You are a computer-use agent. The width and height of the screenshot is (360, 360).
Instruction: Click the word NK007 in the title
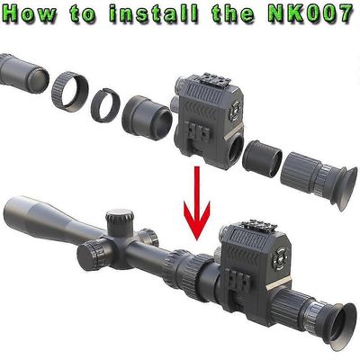311,13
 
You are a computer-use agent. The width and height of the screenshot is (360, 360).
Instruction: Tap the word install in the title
154,13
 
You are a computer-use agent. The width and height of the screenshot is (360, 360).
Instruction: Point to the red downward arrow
197,202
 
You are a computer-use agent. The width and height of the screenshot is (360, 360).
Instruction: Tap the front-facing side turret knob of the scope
90,254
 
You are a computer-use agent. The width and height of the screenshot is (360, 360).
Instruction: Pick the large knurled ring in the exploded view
70,92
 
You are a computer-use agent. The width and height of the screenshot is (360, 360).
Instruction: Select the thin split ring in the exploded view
105,104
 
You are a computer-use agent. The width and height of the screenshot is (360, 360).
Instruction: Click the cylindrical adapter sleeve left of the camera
147,118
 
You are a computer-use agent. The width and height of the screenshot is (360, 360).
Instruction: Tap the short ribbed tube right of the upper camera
262,158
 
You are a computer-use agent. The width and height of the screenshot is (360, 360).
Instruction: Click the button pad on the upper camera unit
235,111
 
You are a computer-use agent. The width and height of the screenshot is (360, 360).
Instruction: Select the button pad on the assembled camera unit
279,258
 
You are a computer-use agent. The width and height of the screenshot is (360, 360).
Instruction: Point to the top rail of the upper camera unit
216,78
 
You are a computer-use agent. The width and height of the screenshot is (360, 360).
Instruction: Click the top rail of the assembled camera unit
260,227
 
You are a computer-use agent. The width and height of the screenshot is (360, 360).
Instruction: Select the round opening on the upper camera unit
236,147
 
